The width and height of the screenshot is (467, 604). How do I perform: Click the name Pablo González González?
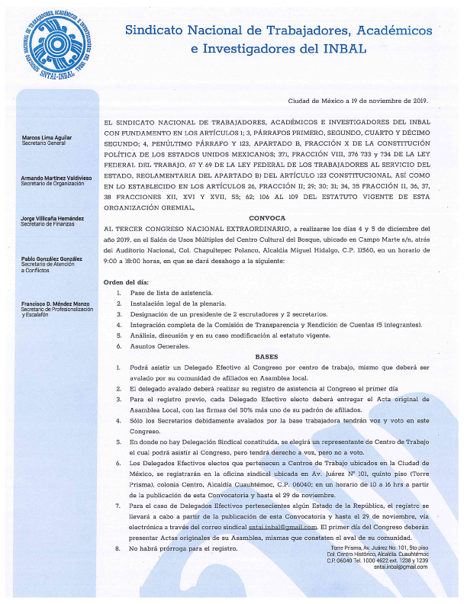[51, 259]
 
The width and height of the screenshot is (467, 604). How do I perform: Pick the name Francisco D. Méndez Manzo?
[54, 304]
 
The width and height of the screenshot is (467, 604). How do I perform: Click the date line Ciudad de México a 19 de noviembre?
[358, 101]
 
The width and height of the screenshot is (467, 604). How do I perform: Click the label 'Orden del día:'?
[127, 281]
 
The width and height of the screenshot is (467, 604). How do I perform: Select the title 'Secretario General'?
[43, 143]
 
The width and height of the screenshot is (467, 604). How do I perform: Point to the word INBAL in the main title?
[343, 49]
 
